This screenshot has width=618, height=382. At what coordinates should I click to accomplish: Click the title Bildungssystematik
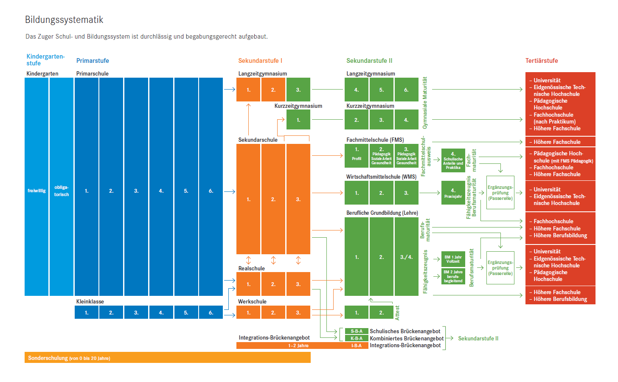64,20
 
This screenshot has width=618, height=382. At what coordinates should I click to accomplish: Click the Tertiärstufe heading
542,61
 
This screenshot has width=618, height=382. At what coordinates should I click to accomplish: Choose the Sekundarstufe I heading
260,61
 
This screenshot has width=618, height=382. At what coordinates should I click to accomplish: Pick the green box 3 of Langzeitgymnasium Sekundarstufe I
298,90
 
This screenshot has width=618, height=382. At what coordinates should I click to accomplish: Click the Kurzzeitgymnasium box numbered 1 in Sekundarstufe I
298,120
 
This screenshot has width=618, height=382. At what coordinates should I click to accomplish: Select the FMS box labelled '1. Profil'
357,156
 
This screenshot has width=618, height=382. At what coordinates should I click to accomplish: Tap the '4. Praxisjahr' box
453,193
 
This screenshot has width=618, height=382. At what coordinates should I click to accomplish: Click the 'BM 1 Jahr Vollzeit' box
453,259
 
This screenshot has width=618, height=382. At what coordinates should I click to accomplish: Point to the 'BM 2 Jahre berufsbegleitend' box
453,276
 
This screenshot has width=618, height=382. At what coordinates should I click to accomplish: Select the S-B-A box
357,331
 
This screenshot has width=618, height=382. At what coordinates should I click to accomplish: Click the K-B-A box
357,338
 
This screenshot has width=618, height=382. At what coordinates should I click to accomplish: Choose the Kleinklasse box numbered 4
161,312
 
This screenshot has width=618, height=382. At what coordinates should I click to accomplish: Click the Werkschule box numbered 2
273,312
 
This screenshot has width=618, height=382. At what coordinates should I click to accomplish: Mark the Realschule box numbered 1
248,284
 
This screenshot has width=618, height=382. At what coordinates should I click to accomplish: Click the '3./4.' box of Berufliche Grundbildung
406,257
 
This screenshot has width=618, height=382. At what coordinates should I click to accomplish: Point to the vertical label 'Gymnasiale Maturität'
425,103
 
